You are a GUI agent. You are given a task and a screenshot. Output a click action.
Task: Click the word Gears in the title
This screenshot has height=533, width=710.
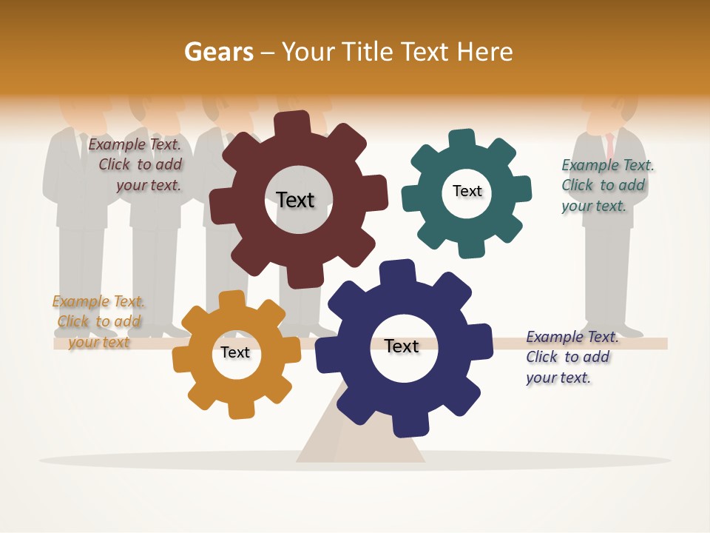pos(218,52)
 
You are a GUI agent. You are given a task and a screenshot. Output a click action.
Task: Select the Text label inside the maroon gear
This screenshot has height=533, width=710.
pos(295,200)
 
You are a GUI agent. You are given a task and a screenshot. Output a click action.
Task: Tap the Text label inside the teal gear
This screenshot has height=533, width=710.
pos(467,191)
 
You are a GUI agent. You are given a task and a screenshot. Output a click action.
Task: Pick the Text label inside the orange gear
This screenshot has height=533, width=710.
pos(235,352)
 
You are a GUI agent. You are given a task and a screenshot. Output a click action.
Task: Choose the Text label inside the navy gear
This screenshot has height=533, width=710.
pos(402,346)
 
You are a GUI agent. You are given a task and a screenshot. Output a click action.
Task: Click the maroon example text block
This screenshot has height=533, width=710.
pos(136,165)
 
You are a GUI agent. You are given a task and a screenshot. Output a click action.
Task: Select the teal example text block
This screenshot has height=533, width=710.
pos(606,186)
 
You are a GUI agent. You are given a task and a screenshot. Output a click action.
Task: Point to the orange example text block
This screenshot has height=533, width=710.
pos(98,321)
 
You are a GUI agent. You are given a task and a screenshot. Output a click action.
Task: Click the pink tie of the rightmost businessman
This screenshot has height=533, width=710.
pos(610,145)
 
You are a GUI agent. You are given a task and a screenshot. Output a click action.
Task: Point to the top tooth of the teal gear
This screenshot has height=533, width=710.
pos(462,138)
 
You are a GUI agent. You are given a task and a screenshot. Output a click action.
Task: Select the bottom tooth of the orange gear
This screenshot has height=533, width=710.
pos(240,409)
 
